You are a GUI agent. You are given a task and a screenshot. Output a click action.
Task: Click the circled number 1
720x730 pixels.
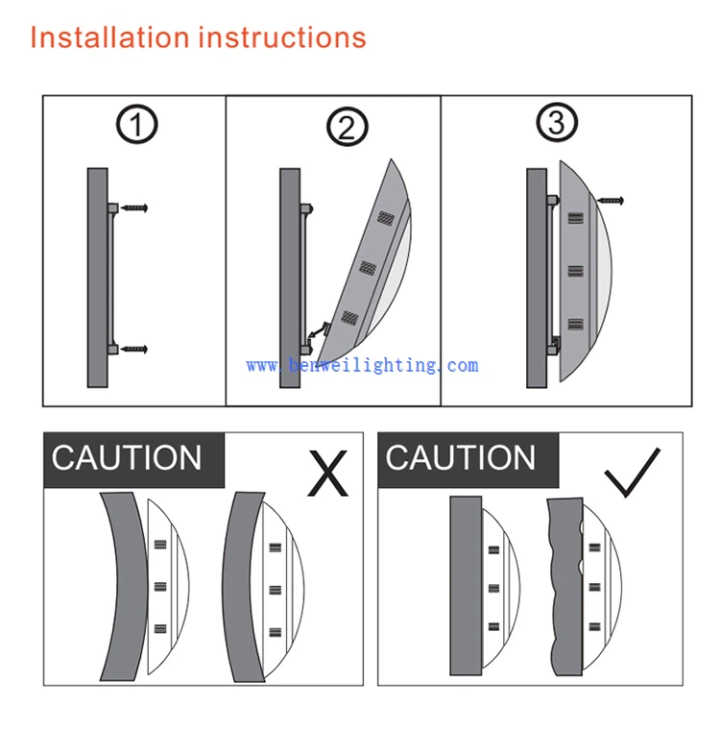coord(136,124)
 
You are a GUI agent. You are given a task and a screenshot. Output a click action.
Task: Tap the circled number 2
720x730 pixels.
coord(348,127)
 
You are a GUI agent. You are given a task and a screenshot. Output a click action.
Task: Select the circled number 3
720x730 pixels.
coord(557,122)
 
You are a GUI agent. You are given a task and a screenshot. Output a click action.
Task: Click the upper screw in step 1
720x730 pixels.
coord(134,207)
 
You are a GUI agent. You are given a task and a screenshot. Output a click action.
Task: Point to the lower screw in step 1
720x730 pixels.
coord(134,349)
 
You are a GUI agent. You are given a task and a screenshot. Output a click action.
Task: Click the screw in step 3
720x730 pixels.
coord(611,201)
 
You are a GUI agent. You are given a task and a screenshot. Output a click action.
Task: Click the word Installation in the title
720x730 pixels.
coord(109,36)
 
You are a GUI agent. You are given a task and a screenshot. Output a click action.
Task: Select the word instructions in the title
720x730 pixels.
coord(282,36)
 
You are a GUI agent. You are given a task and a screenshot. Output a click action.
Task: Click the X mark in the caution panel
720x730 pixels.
coord(327,473)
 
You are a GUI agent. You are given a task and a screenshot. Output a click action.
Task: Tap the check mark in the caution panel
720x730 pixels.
coord(632,473)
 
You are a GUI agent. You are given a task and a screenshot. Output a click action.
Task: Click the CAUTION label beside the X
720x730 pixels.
coord(126,458)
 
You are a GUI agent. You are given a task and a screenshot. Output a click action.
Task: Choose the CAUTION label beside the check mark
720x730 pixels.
coord(460,458)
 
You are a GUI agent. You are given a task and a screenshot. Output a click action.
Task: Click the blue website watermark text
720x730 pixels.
coord(362,365)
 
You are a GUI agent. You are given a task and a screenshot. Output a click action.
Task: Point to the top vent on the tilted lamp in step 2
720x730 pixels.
coord(386,217)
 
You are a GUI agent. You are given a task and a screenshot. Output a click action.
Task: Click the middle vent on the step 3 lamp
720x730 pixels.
coord(576,271)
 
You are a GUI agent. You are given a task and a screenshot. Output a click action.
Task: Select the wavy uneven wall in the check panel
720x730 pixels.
coord(566,587)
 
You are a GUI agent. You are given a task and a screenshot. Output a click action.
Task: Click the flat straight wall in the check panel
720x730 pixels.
coord(466,586)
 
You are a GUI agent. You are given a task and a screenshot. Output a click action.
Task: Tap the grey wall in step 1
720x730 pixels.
coord(98,278)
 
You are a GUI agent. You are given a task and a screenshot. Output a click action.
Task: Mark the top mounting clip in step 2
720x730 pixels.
coord(306,208)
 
